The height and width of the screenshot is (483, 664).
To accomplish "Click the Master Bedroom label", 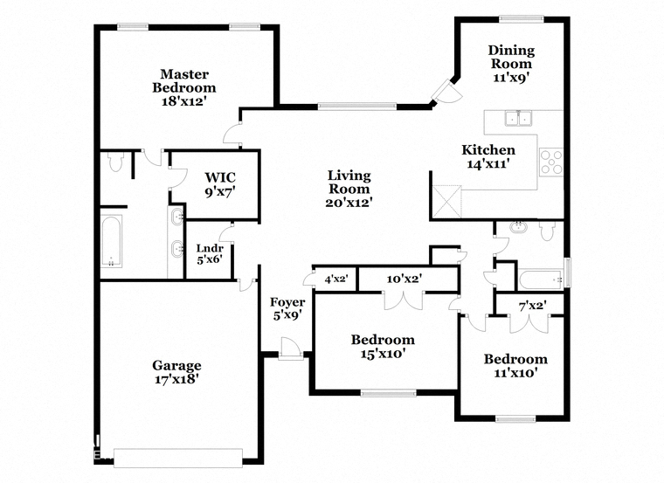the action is (184, 81).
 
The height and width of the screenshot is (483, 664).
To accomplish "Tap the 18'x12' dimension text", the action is (183, 101).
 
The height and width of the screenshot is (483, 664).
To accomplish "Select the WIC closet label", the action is (220, 177).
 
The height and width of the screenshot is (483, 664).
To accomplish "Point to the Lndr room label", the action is (210, 248).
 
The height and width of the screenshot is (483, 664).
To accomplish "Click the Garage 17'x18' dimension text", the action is (177, 379).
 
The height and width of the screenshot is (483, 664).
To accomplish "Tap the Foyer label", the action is (287, 302).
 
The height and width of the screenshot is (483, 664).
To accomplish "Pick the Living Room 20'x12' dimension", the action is (349, 203).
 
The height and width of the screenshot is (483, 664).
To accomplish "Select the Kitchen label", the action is (488, 150).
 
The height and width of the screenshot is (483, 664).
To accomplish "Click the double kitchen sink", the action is (519, 118).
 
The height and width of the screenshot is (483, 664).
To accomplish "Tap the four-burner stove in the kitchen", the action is (552, 162).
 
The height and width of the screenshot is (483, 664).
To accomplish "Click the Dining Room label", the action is (511, 57).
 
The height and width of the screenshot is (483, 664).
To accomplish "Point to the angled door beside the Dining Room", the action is (446, 92).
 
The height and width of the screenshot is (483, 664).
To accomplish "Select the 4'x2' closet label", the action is (336, 279).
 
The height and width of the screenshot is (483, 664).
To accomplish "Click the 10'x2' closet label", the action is (405, 279).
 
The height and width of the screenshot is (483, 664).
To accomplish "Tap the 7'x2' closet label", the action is (533, 305).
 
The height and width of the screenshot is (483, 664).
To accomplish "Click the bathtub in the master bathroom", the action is (112, 241).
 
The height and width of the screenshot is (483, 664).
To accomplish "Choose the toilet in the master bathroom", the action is (115, 161).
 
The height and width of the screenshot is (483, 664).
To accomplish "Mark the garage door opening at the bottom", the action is (178, 458).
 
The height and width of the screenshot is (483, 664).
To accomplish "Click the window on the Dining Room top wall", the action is (521, 18).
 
